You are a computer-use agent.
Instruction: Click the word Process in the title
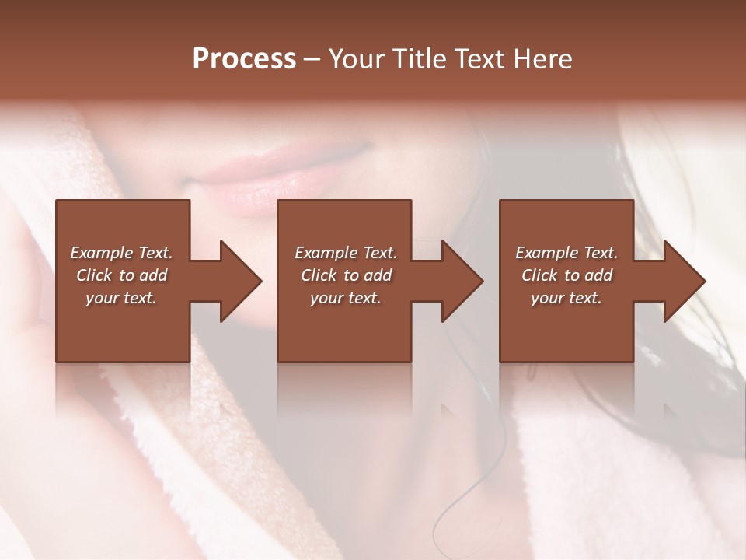coord(244,59)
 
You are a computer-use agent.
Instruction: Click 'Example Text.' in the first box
coord(122,253)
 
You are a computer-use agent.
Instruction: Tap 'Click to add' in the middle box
coord(346,275)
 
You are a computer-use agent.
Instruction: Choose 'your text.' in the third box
coord(566,298)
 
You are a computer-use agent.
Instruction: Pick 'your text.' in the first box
coord(122,298)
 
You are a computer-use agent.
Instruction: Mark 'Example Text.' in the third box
coord(566,253)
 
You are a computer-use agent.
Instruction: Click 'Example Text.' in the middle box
coord(346,253)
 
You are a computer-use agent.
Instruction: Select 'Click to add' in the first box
coord(122,275)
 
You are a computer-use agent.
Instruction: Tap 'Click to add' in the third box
coord(566,275)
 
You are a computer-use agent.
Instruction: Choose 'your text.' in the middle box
coord(346,298)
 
